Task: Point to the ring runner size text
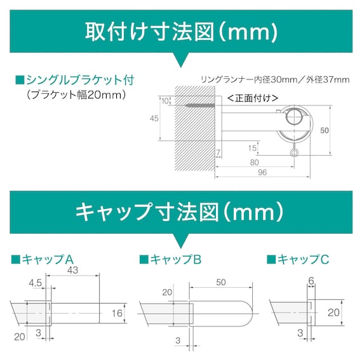pyautogui.click(x=275, y=79)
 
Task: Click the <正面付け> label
pyautogui.click(x=253, y=98)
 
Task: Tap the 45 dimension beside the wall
pyautogui.click(x=154, y=118)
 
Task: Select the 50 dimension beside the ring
pyautogui.click(x=325, y=130)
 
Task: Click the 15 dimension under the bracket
pyautogui.click(x=253, y=148)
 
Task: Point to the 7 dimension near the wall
pyautogui.click(x=217, y=154)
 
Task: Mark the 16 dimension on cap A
pyautogui.click(x=116, y=312)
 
